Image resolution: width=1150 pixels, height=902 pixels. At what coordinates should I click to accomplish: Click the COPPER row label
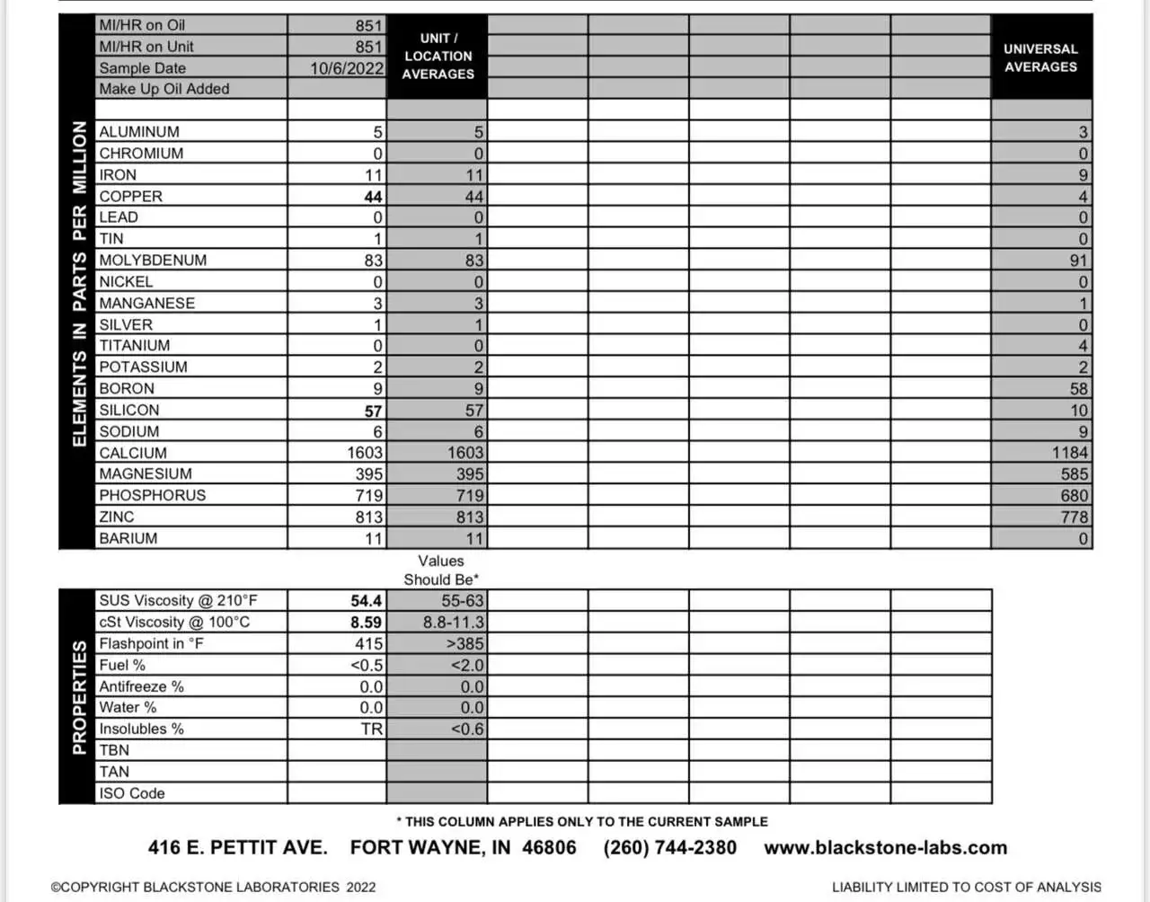(x=131, y=196)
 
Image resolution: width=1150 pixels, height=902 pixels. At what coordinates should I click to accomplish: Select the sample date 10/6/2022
(x=347, y=68)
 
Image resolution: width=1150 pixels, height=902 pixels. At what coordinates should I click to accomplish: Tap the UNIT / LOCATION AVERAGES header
(x=438, y=56)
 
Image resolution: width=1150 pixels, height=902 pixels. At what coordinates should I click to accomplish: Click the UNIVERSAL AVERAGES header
(x=1040, y=57)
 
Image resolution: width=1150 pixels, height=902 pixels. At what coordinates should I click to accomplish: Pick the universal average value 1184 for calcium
(x=1070, y=453)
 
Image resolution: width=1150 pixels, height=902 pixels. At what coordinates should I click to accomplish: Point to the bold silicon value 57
(x=374, y=411)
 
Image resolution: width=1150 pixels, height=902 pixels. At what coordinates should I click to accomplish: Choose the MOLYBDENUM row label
(x=153, y=261)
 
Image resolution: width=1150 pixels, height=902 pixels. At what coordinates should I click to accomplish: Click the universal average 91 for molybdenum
(x=1078, y=261)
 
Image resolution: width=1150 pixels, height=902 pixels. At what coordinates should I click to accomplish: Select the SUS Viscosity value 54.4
(x=366, y=601)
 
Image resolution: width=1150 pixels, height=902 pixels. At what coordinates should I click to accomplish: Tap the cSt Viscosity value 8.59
(x=366, y=623)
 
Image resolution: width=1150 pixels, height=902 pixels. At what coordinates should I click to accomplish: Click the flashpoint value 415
(x=368, y=644)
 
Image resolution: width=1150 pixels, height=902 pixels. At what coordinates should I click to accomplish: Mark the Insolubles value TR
(x=372, y=730)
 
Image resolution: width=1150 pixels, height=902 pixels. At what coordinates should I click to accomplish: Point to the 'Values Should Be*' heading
(x=440, y=570)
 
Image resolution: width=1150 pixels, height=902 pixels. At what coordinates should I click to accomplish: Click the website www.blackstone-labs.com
(x=885, y=848)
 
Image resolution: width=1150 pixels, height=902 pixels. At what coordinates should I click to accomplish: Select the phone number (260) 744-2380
(x=669, y=848)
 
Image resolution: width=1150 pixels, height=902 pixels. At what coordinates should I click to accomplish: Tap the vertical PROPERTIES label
(x=79, y=696)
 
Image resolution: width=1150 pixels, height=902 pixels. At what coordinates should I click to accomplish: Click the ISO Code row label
(x=132, y=793)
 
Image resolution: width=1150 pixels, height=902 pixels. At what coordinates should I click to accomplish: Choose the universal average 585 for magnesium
(x=1074, y=474)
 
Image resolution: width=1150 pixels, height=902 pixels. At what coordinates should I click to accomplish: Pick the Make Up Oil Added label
(x=164, y=89)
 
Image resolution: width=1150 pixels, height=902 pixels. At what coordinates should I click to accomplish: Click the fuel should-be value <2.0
(x=467, y=666)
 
